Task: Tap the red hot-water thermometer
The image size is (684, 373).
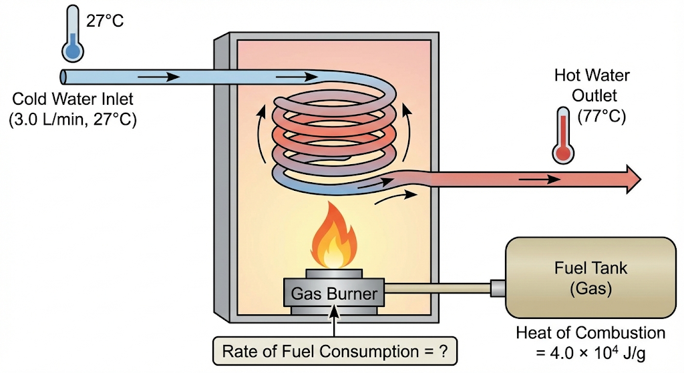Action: click(563, 136)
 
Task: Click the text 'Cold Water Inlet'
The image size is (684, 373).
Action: click(73, 100)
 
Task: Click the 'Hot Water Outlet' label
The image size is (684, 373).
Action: click(591, 85)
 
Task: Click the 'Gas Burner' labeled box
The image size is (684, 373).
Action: click(334, 294)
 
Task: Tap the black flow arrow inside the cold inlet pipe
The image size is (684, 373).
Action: click(163, 76)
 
